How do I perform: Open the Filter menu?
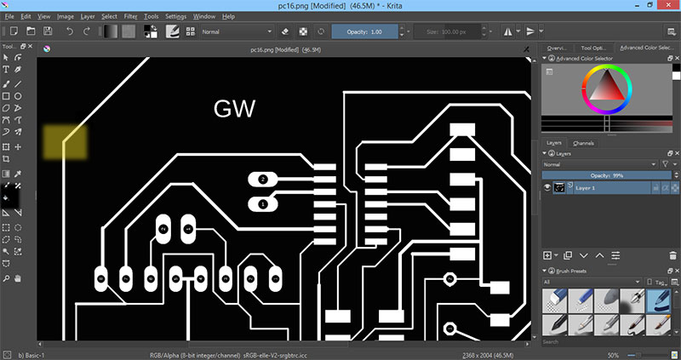point(130,16)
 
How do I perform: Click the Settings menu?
point(176,16)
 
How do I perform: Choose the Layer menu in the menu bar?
point(88,16)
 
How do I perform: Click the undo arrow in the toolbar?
point(70,31)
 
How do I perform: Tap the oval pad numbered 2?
point(262,179)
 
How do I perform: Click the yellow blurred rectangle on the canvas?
point(65,142)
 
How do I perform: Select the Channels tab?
point(583,143)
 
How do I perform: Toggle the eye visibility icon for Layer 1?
point(547,187)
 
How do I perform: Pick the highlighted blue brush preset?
point(659,299)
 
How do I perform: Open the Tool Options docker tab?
point(592,49)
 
